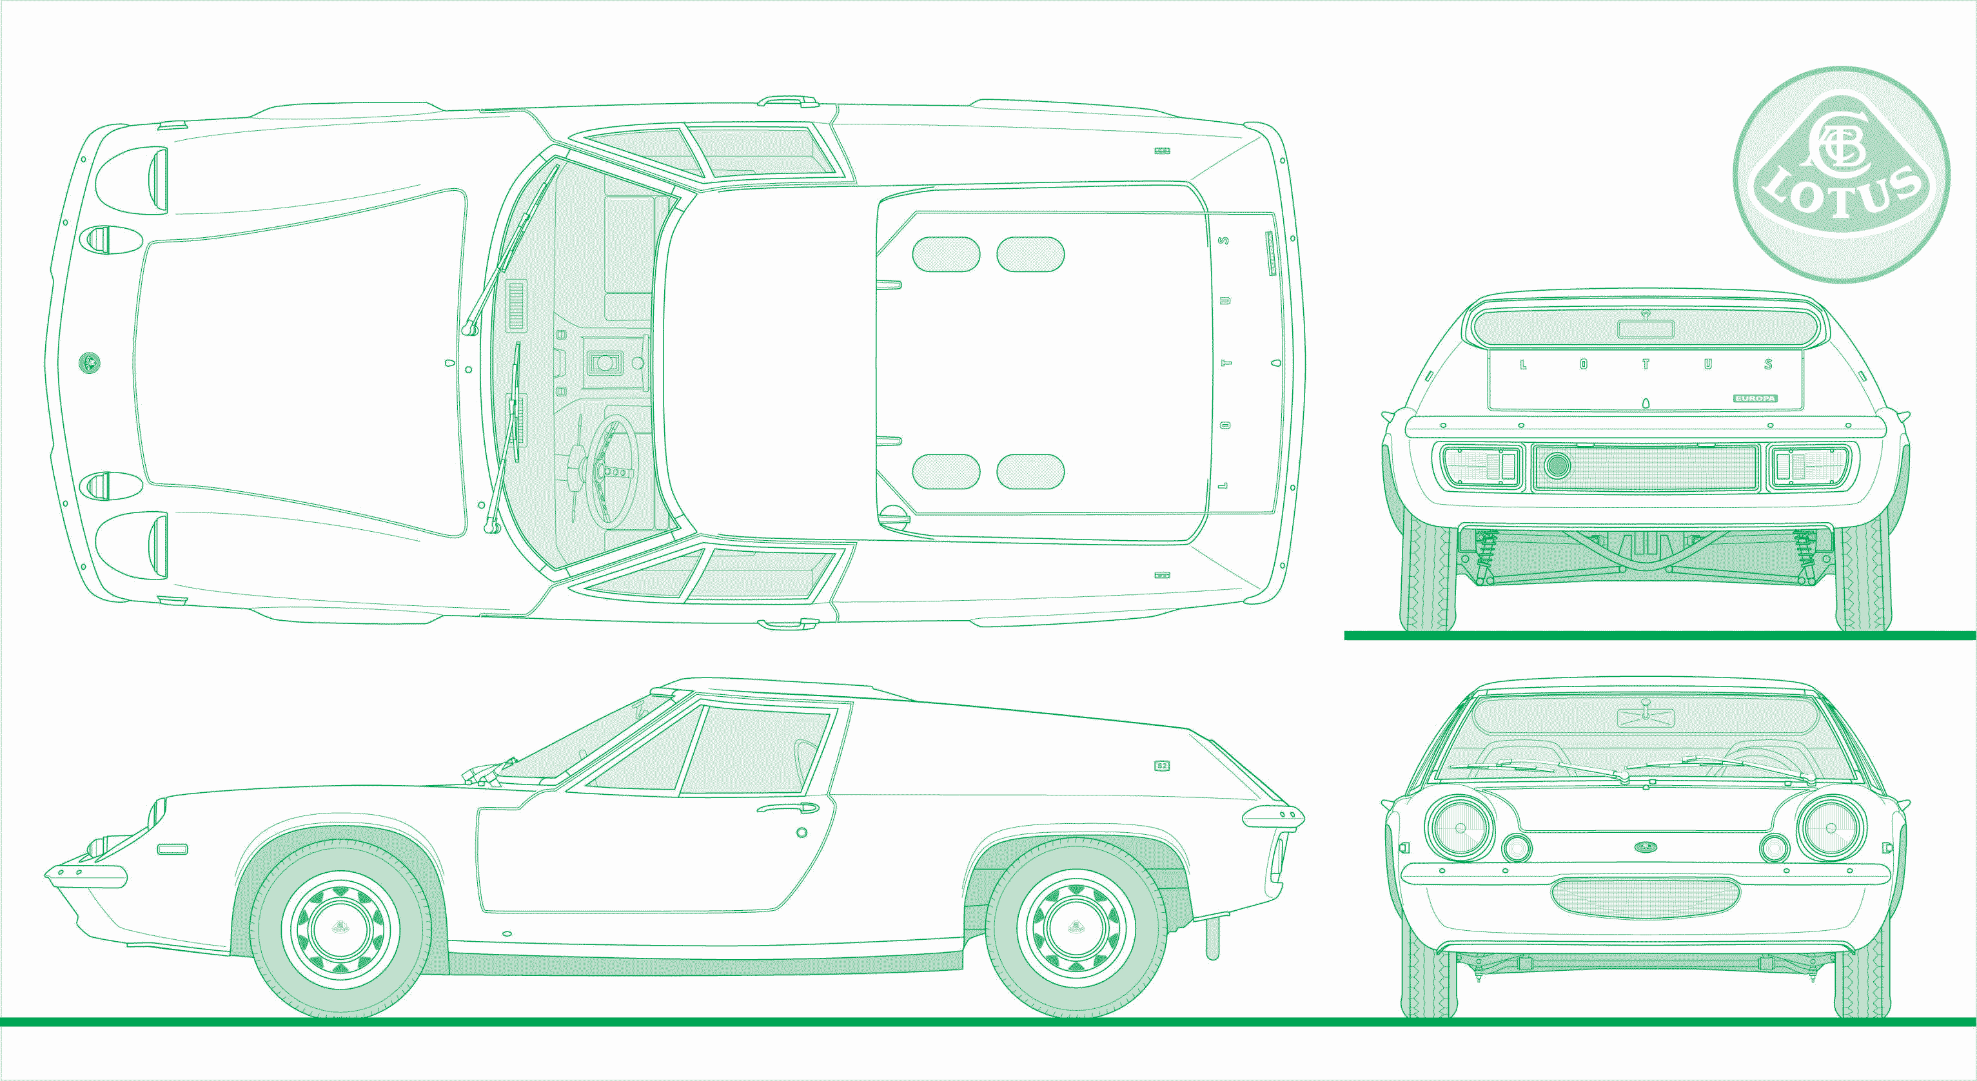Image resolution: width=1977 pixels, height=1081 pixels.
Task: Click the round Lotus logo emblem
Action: click(x=1840, y=175)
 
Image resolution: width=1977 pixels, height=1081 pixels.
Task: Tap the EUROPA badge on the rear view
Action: click(x=1755, y=398)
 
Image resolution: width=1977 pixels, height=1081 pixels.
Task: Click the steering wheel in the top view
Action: click(x=612, y=471)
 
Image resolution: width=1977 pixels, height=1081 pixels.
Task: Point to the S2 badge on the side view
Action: click(x=1162, y=765)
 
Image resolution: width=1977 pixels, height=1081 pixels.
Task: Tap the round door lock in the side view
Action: click(x=802, y=832)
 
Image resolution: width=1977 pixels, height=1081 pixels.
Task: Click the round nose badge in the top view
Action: click(x=90, y=362)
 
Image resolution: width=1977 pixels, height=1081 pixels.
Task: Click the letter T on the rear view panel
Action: click(x=1646, y=364)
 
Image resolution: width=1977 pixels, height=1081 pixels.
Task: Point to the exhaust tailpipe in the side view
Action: click(x=1213, y=937)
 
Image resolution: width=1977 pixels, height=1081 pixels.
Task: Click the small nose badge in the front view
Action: click(x=1646, y=847)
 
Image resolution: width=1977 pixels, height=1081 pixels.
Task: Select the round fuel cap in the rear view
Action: click(x=1557, y=465)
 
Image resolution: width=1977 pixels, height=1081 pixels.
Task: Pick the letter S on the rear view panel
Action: click(x=1768, y=364)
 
